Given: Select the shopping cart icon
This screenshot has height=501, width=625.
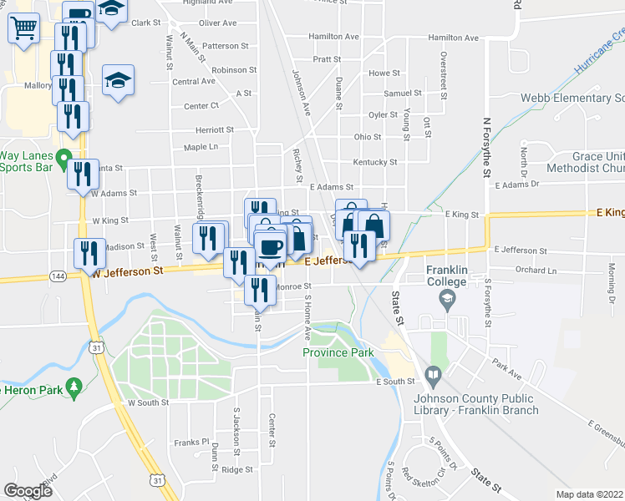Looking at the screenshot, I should point(23,28).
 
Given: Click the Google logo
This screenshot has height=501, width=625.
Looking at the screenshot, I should point(28,491).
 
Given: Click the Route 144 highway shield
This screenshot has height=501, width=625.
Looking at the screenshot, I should point(58,275).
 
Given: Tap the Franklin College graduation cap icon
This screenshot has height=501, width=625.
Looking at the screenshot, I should point(447,300).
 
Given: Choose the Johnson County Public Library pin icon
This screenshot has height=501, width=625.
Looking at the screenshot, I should point(432,377).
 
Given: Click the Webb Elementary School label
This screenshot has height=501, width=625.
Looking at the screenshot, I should point(572,98).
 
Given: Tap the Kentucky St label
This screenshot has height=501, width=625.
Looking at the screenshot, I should point(374,162).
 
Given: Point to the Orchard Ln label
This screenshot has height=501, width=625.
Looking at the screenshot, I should point(536,271).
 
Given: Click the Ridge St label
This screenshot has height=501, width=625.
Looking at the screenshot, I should point(237,470).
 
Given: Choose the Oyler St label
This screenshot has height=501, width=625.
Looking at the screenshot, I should point(383,115).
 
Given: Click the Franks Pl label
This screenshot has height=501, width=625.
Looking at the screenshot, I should point(191,442).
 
